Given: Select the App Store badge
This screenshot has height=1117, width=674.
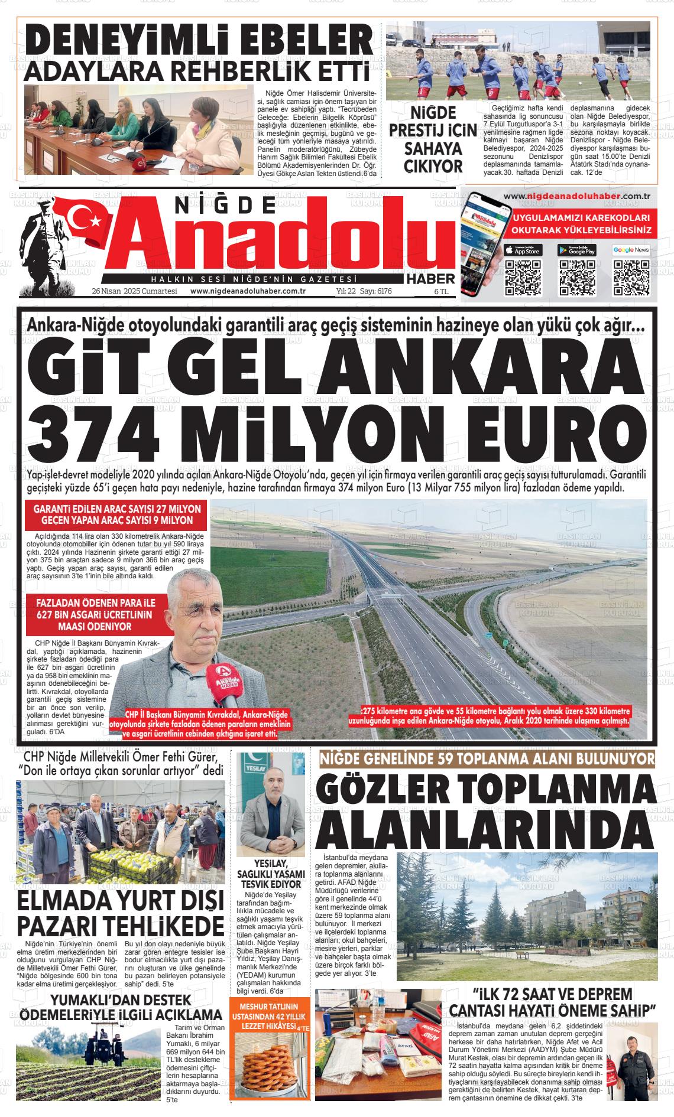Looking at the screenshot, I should [524, 250].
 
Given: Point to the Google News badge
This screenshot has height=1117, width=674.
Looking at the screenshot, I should [631, 250].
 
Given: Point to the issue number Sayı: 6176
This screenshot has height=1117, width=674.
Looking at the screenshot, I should [376, 291].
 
